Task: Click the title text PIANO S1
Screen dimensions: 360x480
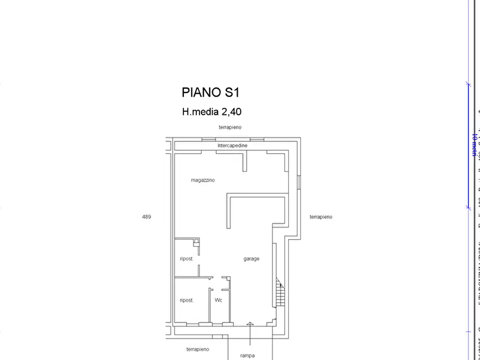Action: (x=210, y=92)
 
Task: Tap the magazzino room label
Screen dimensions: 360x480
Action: (x=203, y=180)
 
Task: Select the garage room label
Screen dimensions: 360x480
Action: (x=251, y=259)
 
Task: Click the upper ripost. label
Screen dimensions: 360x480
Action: (x=187, y=259)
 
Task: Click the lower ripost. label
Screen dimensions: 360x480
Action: (x=187, y=300)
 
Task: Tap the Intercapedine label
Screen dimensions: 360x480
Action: (x=232, y=146)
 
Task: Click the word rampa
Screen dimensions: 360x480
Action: (x=247, y=355)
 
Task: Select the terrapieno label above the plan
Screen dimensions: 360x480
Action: (x=230, y=127)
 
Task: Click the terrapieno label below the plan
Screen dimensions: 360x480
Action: (x=197, y=349)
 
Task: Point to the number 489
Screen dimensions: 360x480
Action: (x=146, y=217)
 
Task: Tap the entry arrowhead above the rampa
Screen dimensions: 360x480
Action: (x=250, y=323)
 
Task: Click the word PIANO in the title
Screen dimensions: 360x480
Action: (x=200, y=92)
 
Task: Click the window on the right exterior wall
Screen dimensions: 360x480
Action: (x=299, y=182)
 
